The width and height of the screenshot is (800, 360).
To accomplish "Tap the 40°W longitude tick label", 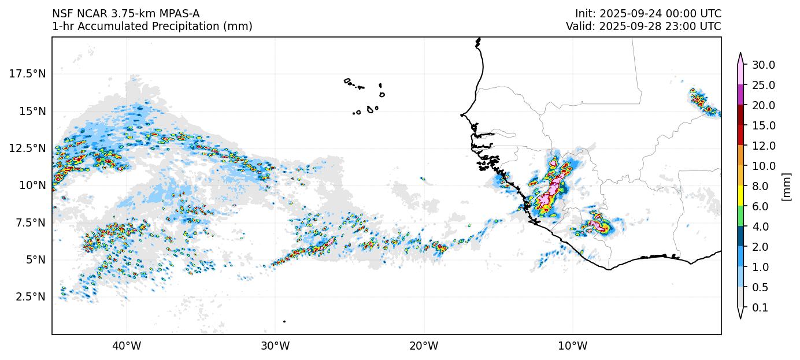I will [126, 346].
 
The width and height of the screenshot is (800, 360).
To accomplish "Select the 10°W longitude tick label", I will [572, 346].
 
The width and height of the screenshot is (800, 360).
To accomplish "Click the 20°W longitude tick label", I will [424, 346].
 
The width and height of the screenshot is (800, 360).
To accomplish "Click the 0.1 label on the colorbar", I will [761, 308].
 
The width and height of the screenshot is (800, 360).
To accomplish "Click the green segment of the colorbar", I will [740, 217].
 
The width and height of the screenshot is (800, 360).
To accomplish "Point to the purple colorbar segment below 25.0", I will [740, 95].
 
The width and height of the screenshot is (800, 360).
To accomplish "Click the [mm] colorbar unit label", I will [786, 186].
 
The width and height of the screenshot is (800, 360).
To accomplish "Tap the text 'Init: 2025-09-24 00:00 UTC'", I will [648, 13].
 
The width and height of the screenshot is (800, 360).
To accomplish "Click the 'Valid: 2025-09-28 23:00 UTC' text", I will [643, 26].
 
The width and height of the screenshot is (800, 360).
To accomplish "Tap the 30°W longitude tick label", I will [275, 346].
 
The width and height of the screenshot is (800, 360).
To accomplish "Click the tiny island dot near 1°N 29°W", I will [284, 321].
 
